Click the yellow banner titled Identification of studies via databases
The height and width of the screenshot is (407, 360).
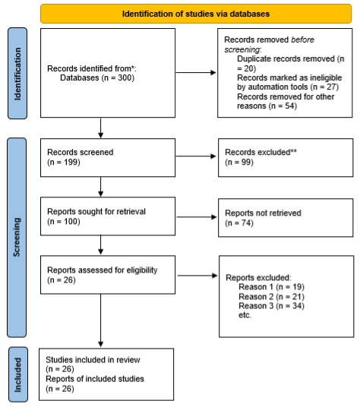coord(197,13)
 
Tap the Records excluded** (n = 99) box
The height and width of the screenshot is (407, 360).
coord(286,157)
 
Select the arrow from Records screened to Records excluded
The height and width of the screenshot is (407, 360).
coord(196,157)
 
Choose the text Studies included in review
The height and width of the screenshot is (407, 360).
coord(87,359)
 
